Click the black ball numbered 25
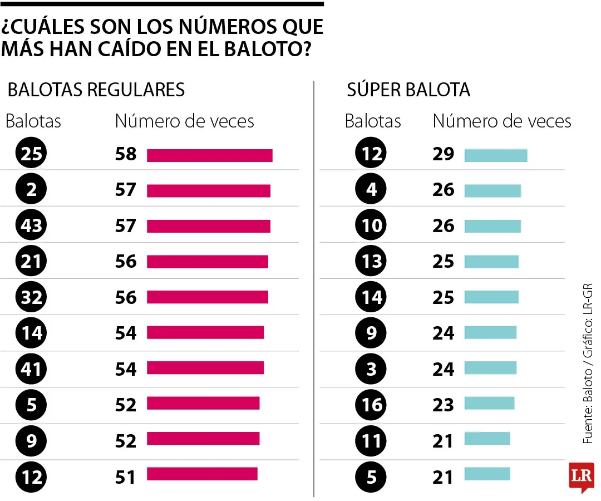pos(32,154)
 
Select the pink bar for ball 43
pos(208,226)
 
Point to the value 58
pos(126,154)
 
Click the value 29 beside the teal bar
pos(444,154)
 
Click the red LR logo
pos(581,476)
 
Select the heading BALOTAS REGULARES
pos(96,90)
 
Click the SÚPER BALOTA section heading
pos(408,90)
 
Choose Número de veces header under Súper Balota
pos(502,121)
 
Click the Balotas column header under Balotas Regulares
pos(33,121)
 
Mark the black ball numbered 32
pos(32,297)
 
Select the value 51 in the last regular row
pos(126,477)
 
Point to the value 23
pos(444,404)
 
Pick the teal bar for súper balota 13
pos(491,262)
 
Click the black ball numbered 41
pos(32,369)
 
